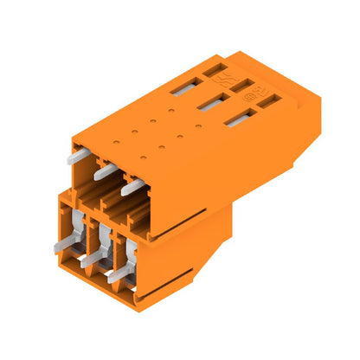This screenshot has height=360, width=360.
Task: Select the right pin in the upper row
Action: (130, 184)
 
